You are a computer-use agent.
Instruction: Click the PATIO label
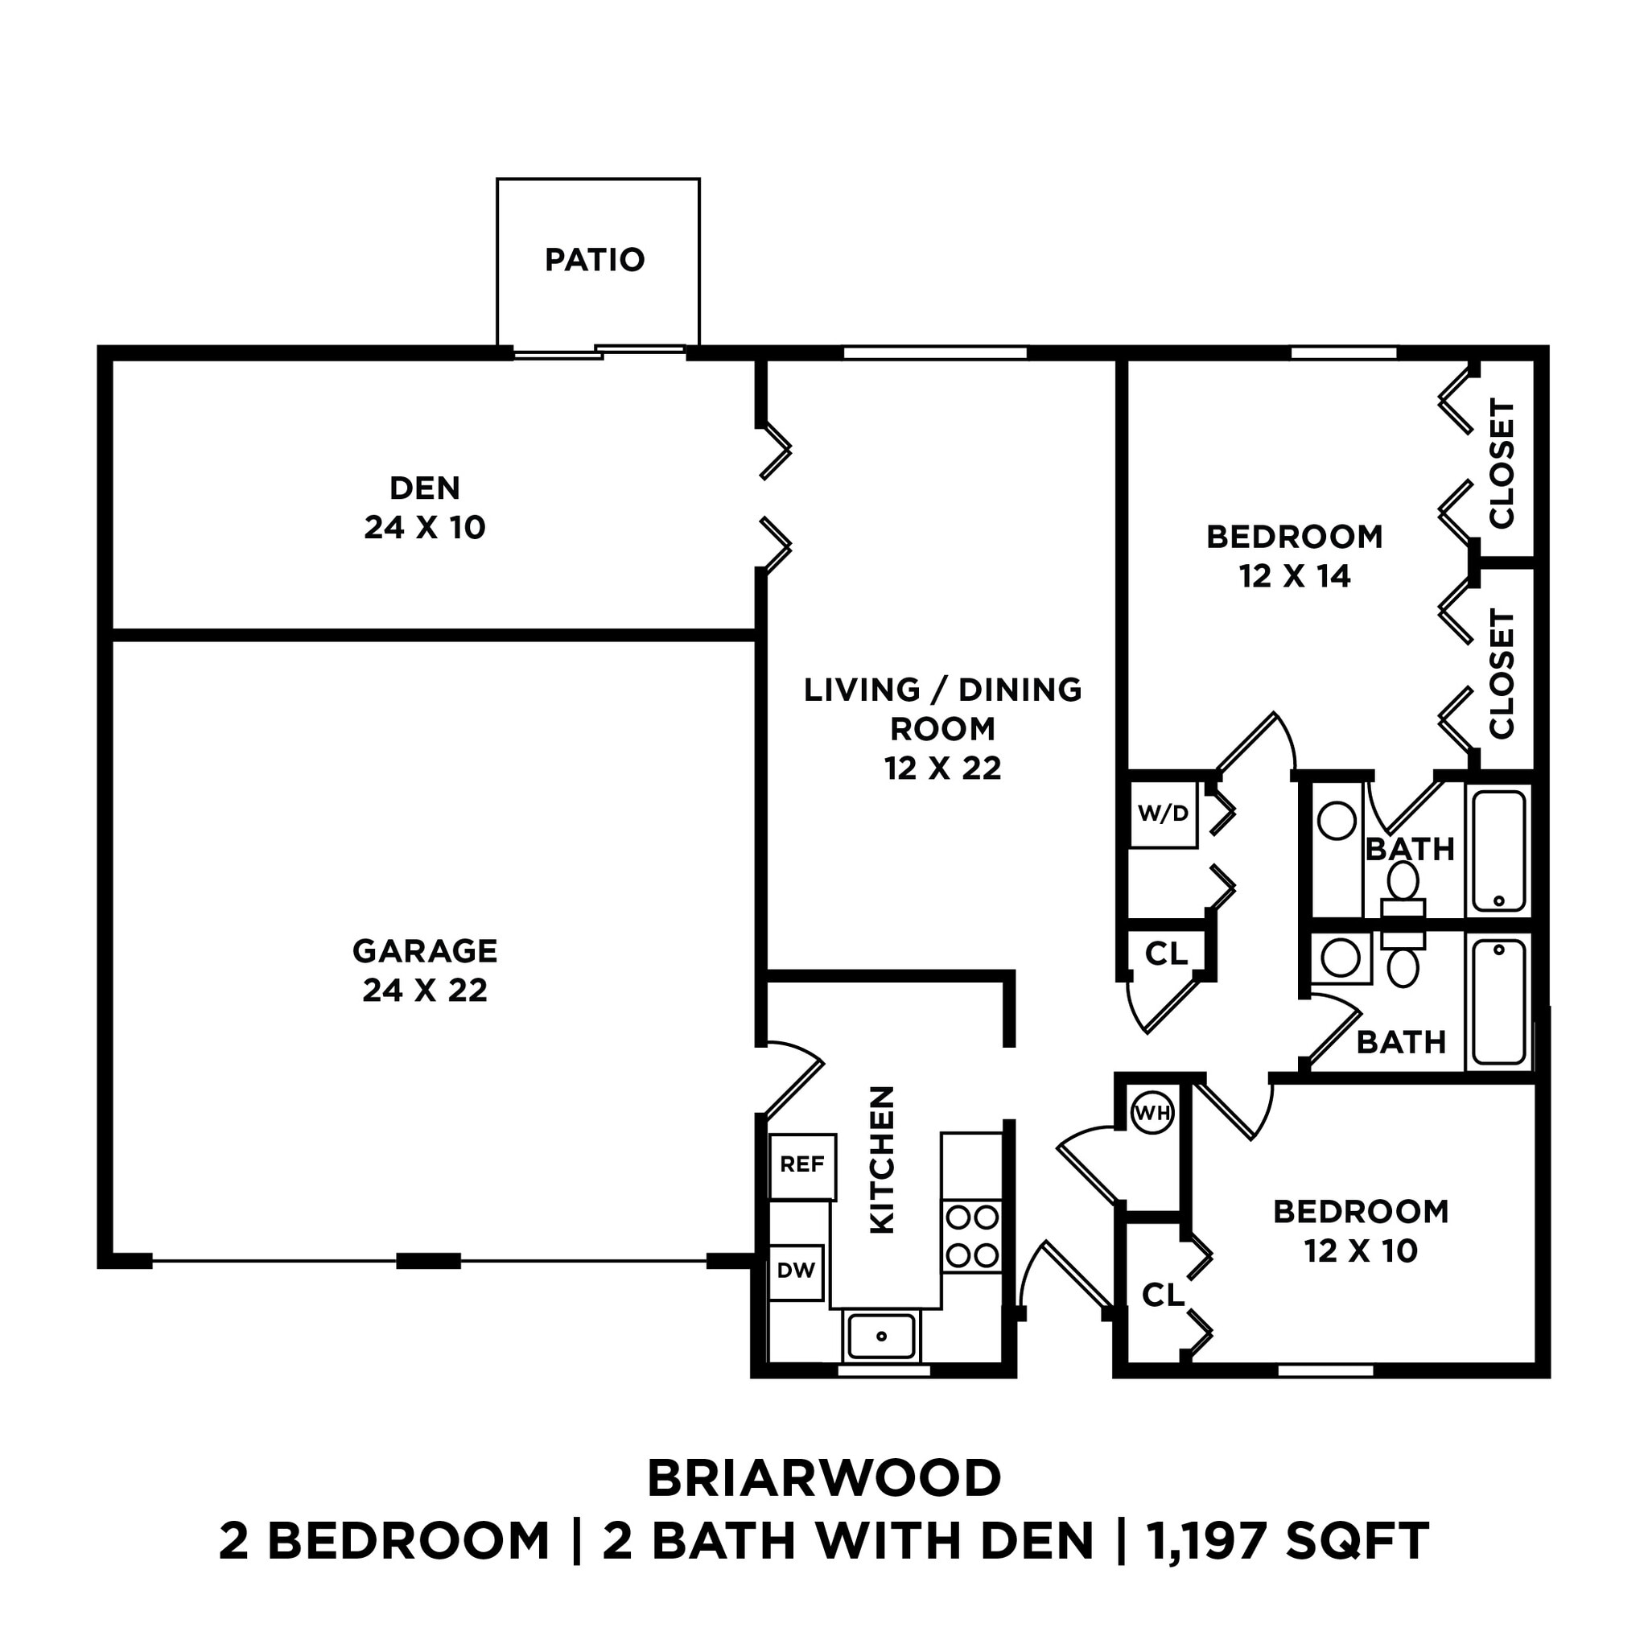[595, 260]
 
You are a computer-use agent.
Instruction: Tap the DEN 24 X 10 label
[425, 508]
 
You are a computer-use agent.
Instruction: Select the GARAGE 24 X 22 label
[425, 970]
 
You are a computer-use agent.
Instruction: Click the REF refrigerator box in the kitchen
[801, 1164]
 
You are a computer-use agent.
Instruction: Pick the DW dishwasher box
[796, 1271]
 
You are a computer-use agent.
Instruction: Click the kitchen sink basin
[882, 1336]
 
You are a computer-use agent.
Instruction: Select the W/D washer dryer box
[1163, 814]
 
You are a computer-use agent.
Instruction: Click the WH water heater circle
[1152, 1113]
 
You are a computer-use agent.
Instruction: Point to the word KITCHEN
[882, 1160]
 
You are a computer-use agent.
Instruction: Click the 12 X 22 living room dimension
[942, 768]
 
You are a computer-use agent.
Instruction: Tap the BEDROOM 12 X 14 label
[1294, 556]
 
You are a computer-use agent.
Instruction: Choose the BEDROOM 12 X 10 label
[1361, 1231]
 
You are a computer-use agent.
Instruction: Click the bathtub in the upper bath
[1498, 851]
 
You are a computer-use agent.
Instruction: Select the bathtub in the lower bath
[1498, 1003]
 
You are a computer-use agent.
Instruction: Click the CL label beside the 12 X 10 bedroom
[1163, 1296]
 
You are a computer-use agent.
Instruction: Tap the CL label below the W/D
[1165, 954]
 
